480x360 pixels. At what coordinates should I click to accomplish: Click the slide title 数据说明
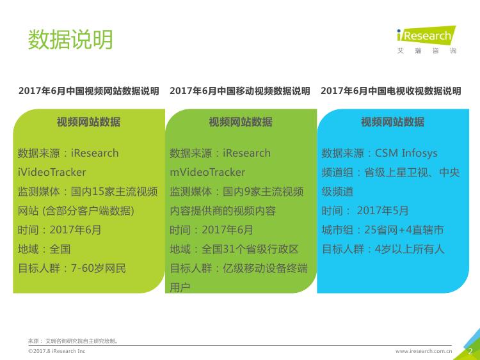tap(70, 40)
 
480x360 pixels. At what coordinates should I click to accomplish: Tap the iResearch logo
tap(426, 40)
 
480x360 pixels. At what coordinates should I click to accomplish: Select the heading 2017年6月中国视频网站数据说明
tap(89, 91)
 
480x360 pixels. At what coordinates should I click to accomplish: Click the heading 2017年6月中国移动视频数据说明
tap(240, 91)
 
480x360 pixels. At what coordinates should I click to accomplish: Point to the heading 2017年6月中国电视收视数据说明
tap(391, 91)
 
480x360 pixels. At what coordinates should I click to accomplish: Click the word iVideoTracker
tap(52, 172)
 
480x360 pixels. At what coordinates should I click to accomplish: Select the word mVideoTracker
tap(207, 172)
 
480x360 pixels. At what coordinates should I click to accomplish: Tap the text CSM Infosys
tap(406, 153)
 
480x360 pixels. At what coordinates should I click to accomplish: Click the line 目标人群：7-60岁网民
tap(72, 269)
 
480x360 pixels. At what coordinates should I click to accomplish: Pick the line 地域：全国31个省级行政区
tap(234, 249)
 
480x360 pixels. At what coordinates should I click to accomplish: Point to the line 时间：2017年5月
tap(365, 211)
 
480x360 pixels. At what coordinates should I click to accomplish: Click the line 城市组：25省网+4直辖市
tap(383, 230)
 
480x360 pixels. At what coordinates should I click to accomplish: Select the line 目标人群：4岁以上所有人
tap(383, 249)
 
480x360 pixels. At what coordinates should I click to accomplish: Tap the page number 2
tap(470, 352)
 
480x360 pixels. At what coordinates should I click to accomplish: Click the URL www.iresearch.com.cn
tap(424, 351)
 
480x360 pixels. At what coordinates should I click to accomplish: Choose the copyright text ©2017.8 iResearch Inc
tap(56, 351)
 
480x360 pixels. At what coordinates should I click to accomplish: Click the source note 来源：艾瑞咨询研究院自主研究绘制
tap(73, 341)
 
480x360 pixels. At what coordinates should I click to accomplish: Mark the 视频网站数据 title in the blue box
tap(393, 122)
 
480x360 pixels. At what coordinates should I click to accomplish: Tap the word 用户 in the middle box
tap(180, 288)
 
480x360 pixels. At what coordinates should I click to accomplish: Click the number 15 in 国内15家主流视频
tap(98, 192)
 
